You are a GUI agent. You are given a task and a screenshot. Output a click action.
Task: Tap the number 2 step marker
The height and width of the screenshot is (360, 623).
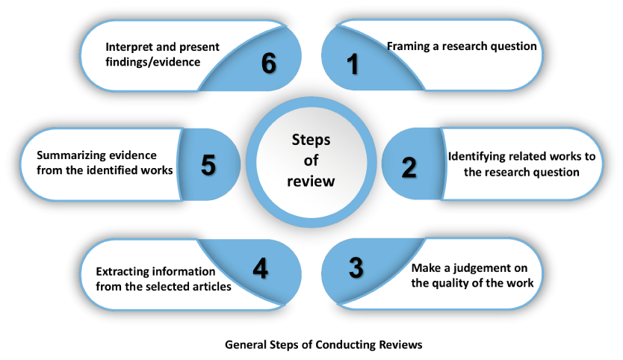pyautogui.click(x=409, y=167)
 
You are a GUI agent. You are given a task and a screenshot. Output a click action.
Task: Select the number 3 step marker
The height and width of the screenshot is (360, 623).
pyautogui.click(x=356, y=266)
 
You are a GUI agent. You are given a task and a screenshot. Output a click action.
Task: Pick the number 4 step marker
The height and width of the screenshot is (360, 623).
pyautogui.click(x=260, y=268)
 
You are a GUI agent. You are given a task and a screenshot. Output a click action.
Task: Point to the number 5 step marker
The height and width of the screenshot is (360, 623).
pyautogui.click(x=209, y=165)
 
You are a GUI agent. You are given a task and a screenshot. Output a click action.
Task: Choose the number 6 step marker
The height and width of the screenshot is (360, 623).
pyautogui.click(x=268, y=64)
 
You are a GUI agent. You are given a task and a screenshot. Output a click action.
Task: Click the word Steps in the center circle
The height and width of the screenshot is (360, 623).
pyautogui.click(x=309, y=140)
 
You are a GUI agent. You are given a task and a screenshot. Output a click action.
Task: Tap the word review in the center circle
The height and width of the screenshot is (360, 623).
pyautogui.click(x=309, y=181)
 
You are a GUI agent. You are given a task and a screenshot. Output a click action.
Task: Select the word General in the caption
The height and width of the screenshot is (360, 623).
pyautogui.click(x=246, y=345)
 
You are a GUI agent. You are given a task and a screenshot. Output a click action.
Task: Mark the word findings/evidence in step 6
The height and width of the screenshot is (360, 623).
pyautogui.click(x=153, y=62)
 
